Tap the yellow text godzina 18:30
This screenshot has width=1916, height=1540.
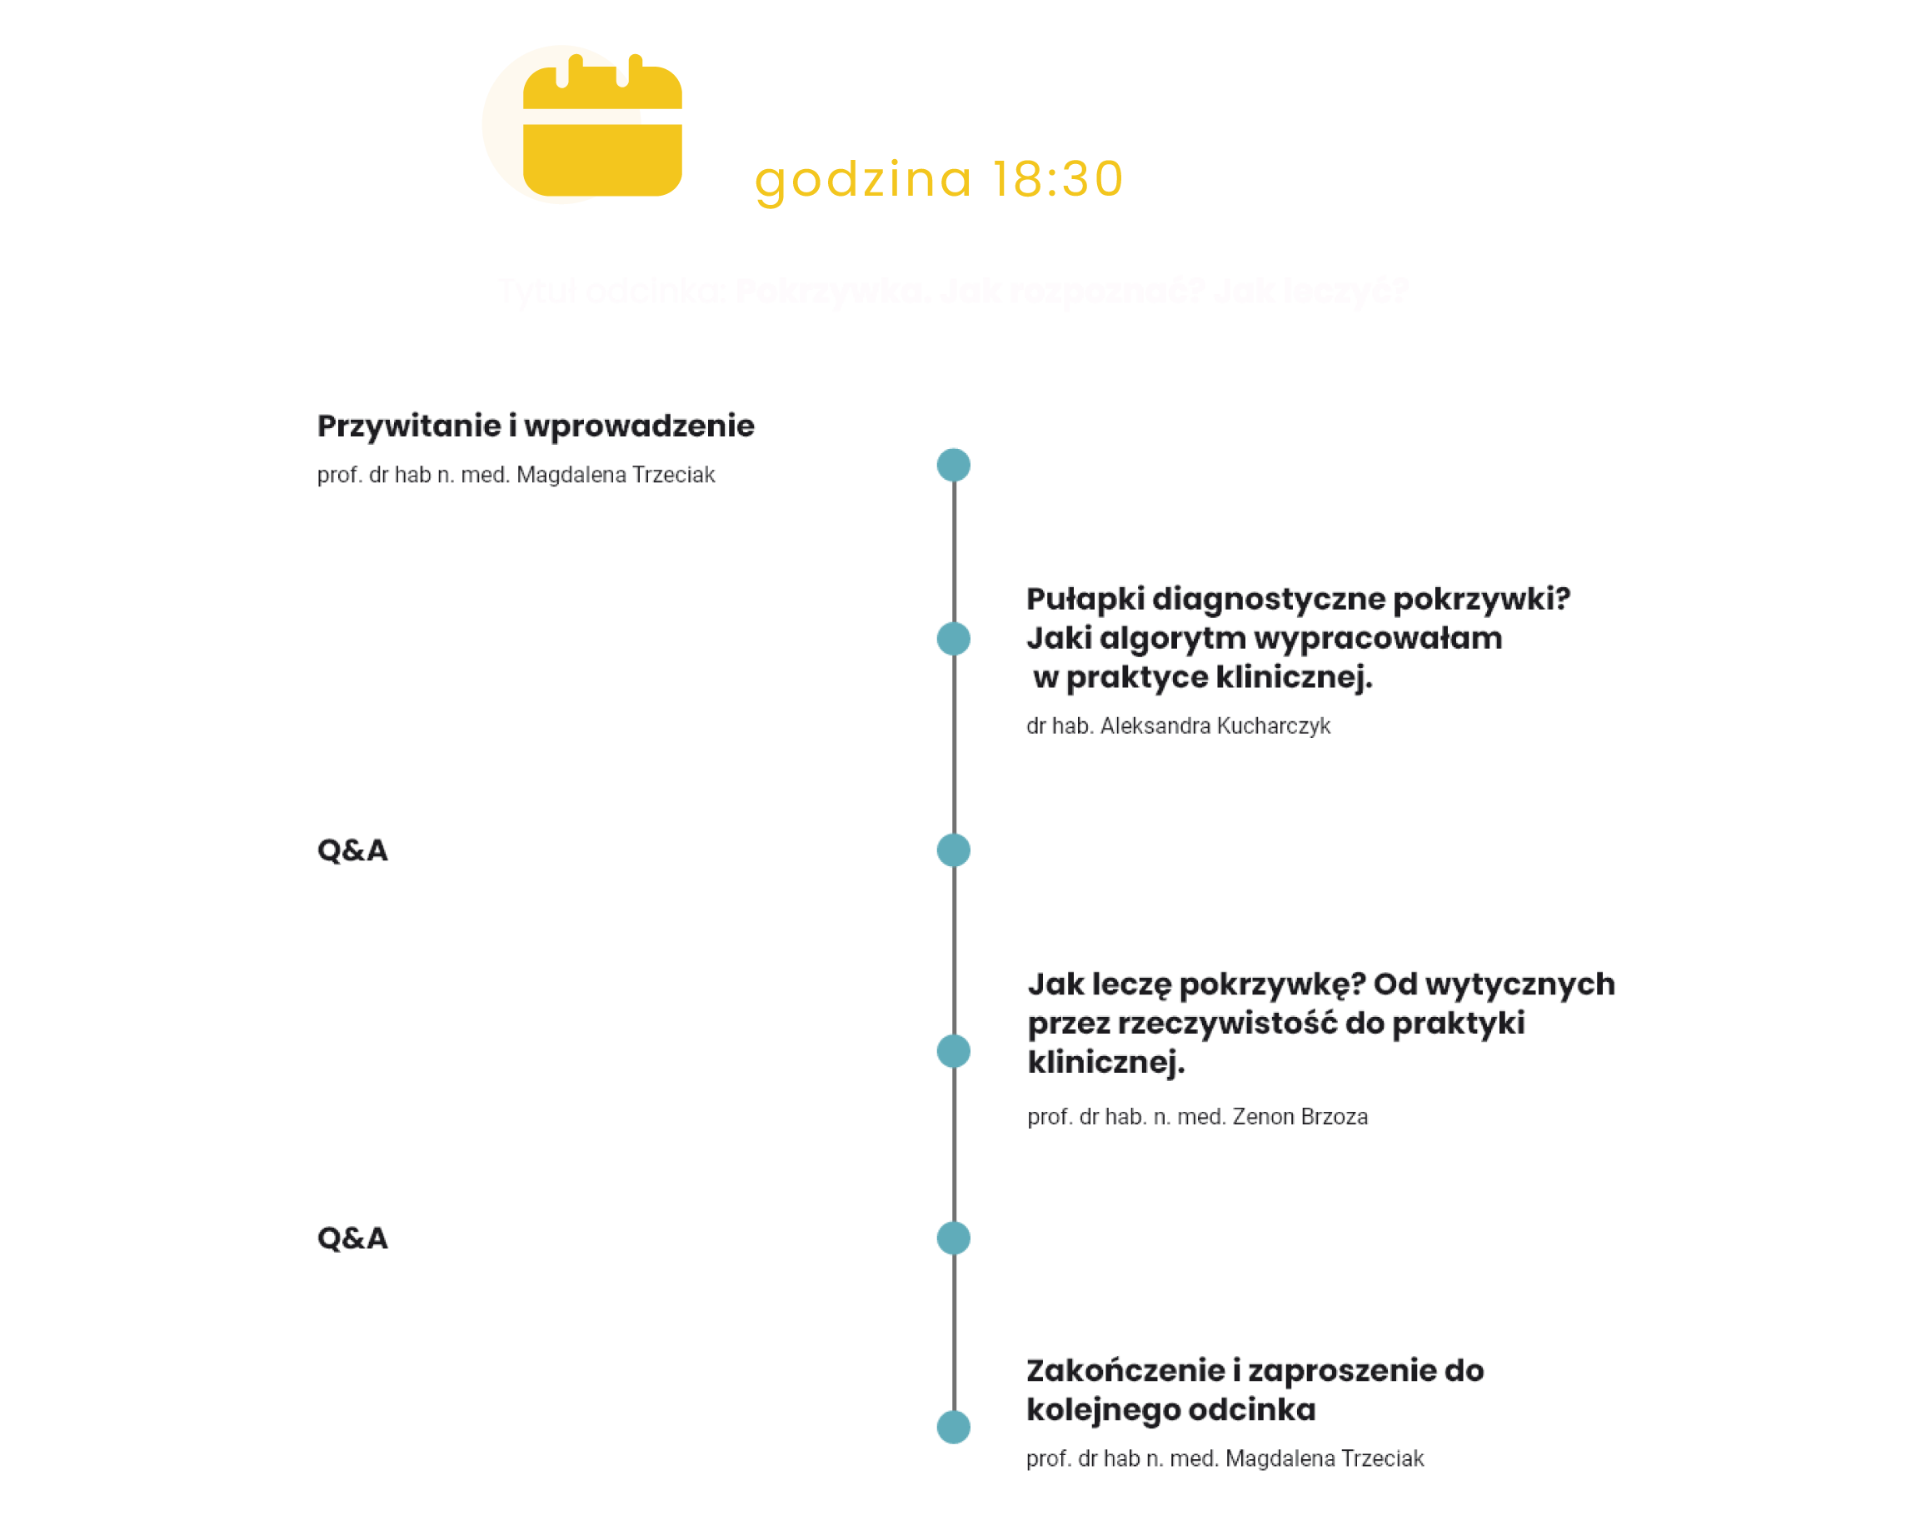[939, 178]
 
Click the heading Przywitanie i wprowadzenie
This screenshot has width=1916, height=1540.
[535, 426]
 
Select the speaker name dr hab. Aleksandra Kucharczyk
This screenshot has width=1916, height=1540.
[1177, 726]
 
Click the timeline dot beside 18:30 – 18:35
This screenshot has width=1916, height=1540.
[954, 466]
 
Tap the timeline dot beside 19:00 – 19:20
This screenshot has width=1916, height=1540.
[954, 1051]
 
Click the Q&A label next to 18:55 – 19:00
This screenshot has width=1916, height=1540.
[353, 850]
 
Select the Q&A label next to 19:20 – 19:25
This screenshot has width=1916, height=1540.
[353, 1238]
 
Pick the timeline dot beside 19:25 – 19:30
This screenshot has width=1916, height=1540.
[954, 1427]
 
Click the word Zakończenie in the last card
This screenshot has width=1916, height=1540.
[1125, 1370]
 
